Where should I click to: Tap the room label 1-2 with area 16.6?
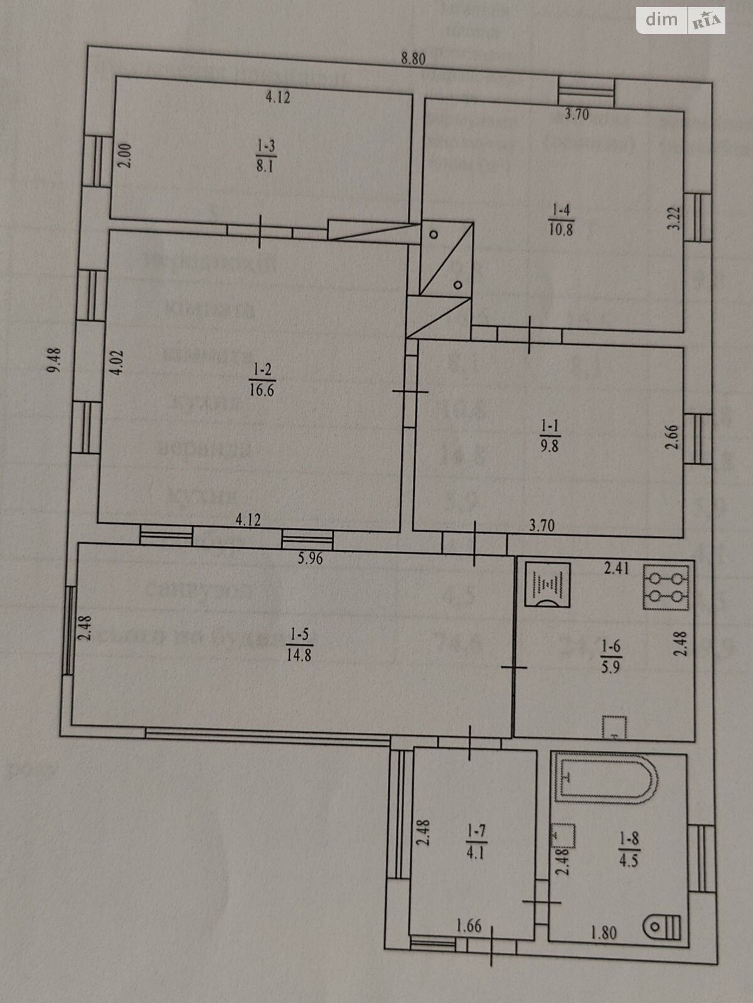(x=262, y=379)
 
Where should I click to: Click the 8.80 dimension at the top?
(x=414, y=60)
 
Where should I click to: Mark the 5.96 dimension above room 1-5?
(x=310, y=557)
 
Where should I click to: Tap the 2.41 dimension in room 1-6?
(x=616, y=569)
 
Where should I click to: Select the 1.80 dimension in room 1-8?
(x=604, y=933)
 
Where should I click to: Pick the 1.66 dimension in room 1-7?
(x=469, y=924)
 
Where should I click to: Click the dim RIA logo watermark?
(x=681, y=20)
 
